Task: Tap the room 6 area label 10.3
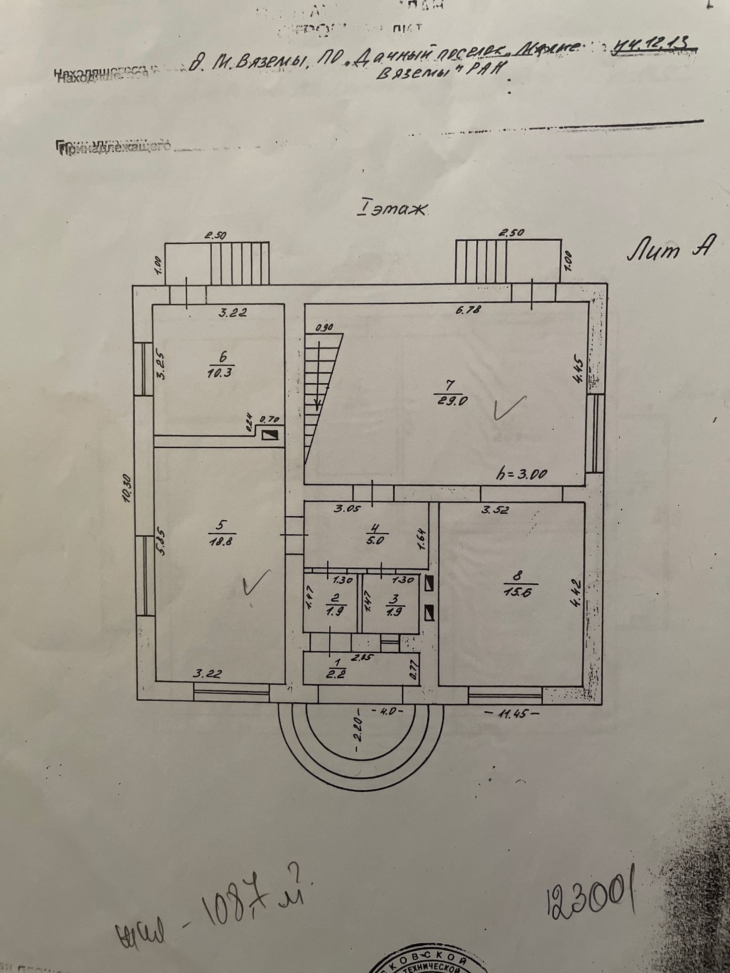[x=219, y=372]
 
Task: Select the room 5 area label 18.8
[x=221, y=541]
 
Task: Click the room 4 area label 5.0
[x=375, y=541]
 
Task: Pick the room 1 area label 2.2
[x=339, y=674]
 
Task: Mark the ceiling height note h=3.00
[x=521, y=474]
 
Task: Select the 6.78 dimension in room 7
[x=468, y=311]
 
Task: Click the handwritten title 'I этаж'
[x=391, y=209]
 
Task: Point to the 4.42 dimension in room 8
[x=576, y=594]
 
